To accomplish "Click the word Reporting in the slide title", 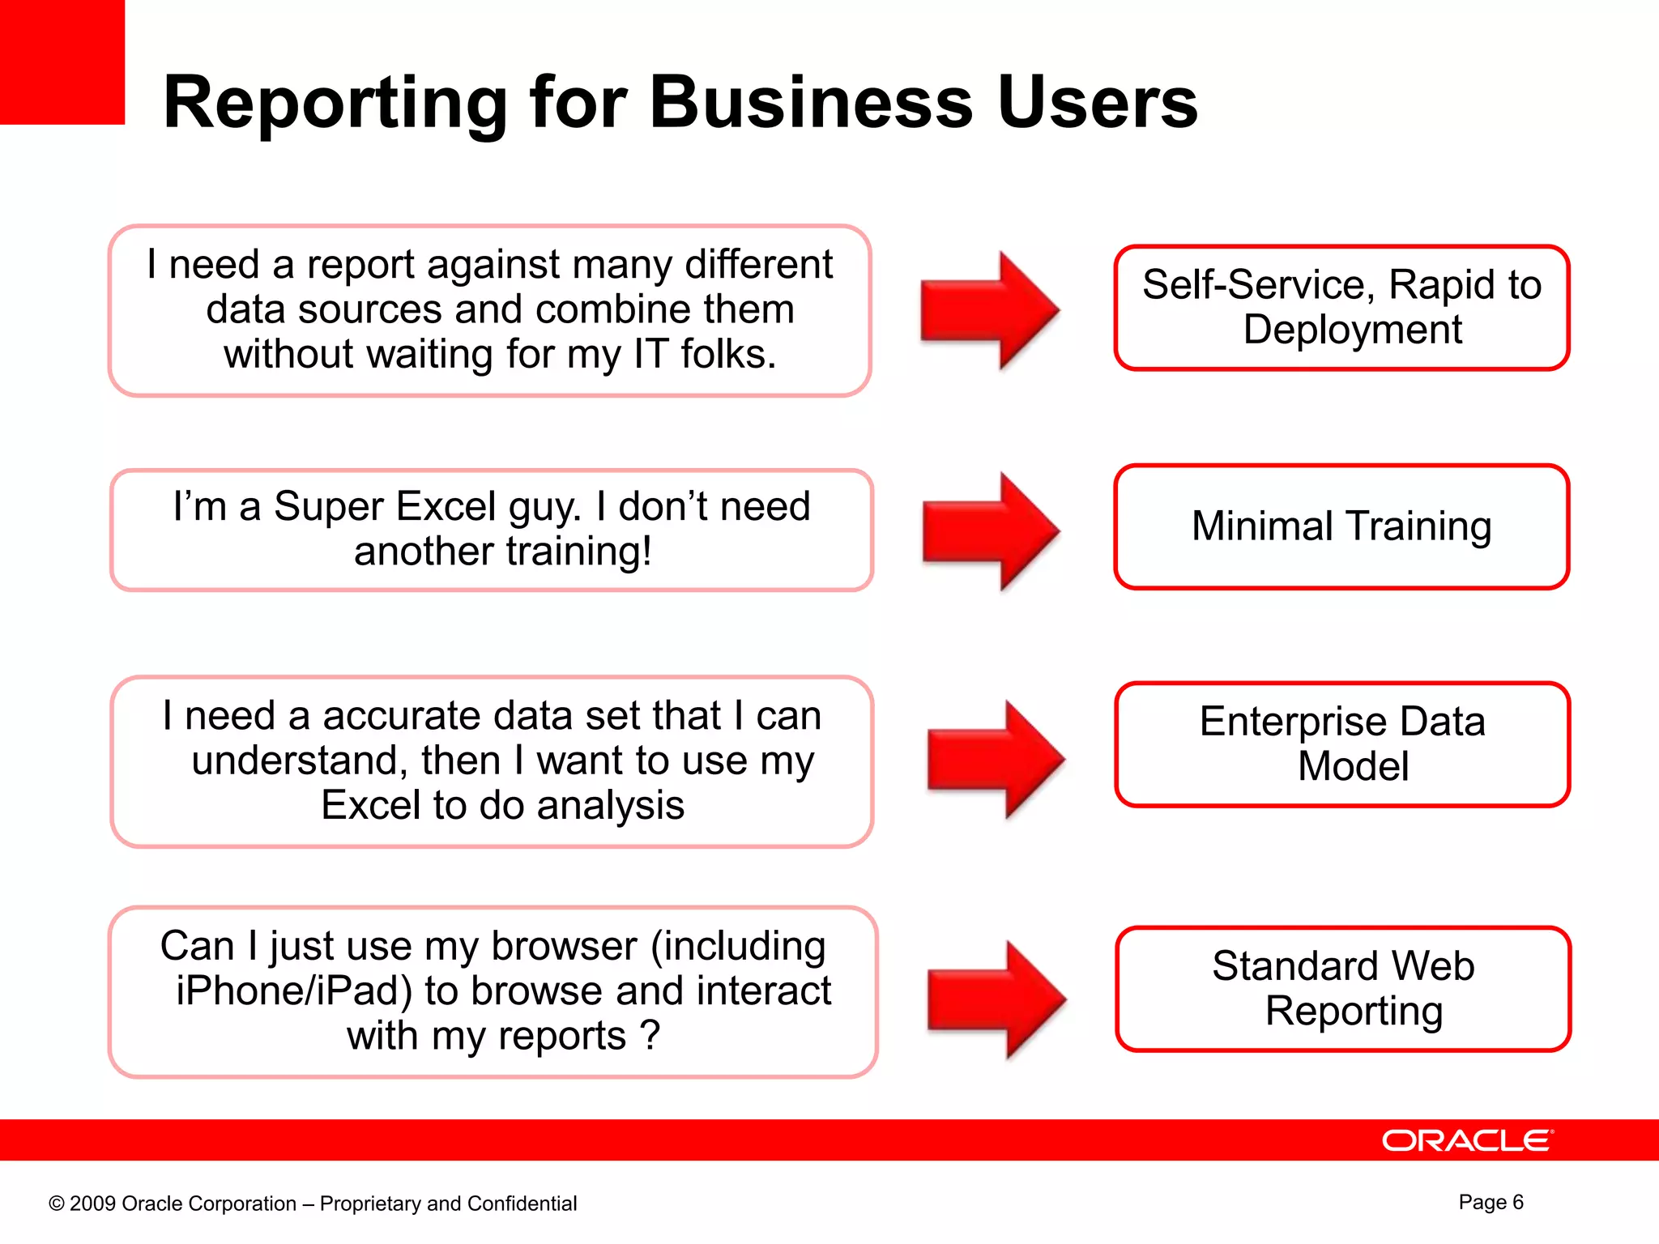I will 335,104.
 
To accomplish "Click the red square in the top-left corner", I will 62,62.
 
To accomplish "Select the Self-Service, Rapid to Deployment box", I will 1341,308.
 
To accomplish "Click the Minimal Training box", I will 1341,526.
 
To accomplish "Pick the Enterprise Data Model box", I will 1342,743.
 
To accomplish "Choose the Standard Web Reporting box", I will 1343,988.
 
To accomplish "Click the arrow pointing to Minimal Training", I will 992,531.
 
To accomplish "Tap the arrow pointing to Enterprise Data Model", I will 996,760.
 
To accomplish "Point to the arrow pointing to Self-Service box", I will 990,310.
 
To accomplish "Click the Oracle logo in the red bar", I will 1467,1140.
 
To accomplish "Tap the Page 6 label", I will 1491,1202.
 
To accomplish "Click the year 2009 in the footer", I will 93,1204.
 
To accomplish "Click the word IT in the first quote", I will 650,355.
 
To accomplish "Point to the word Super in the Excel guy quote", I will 328,507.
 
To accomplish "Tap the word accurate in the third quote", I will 403,716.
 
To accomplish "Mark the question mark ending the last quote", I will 650,1036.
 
